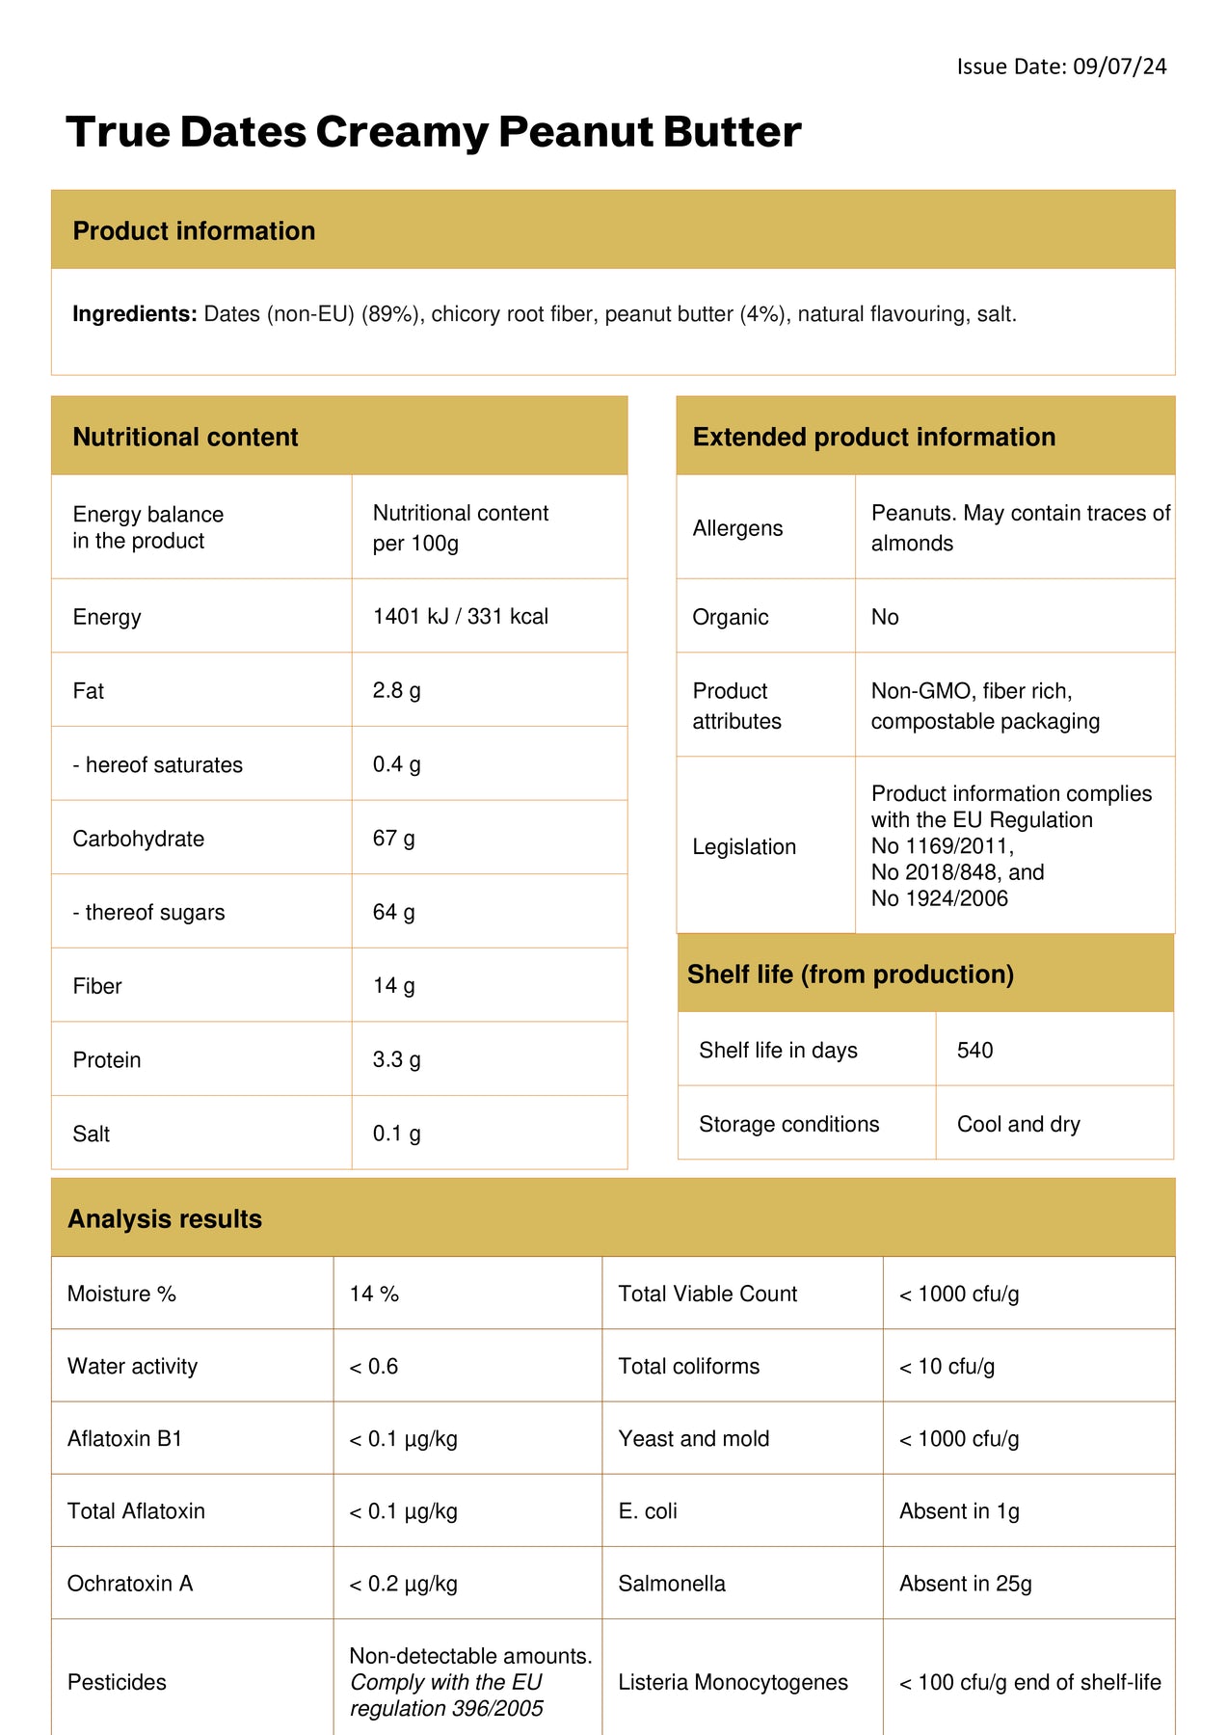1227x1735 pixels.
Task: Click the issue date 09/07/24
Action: [1119, 67]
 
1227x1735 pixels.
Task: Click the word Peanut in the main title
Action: [573, 132]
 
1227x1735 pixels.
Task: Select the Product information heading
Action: [194, 231]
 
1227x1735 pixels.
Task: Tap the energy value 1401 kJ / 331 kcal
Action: [460, 617]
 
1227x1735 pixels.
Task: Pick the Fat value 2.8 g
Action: [396, 690]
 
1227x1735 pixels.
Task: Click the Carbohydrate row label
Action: [138, 839]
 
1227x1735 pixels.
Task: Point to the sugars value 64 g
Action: [393, 912]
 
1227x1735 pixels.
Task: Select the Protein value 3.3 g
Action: [396, 1059]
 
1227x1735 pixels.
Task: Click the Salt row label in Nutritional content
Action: [92, 1134]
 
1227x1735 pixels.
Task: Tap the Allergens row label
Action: [737, 528]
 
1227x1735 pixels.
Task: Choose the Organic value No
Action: [884, 617]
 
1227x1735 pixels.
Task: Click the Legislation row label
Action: [744, 846]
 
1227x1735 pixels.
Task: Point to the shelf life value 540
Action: [974, 1050]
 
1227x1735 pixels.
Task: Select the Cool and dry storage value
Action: [1018, 1124]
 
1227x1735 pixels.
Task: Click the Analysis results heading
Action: [165, 1219]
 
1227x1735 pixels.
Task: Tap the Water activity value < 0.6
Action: [373, 1366]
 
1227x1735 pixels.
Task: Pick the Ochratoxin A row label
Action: [130, 1583]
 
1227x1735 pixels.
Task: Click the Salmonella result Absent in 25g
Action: [965, 1583]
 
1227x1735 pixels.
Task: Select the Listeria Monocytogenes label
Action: [733, 1682]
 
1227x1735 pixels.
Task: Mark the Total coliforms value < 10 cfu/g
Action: [947, 1366]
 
